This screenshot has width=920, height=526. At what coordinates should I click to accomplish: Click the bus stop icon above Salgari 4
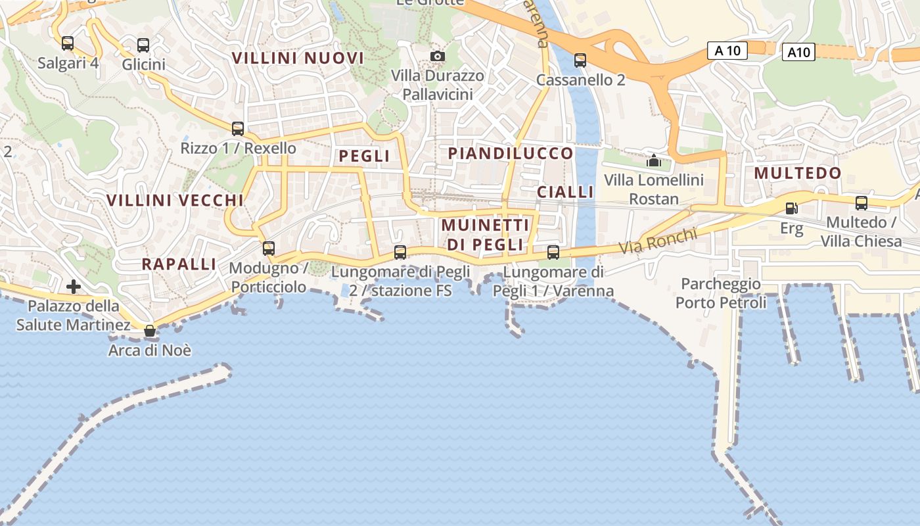pos(68,43)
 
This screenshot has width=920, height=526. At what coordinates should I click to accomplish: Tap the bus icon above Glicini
pos(143,45)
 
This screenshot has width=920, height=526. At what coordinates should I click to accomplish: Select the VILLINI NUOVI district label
pos(298,58)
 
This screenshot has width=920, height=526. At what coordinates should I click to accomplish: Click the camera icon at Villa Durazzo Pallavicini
pos(437,57)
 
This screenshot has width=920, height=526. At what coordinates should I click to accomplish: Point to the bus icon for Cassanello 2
pos(580,60)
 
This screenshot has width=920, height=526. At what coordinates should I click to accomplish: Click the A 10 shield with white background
pos(727,51)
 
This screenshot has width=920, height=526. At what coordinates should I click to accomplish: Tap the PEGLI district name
pos(364,156)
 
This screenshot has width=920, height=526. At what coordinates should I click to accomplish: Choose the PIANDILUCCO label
pos(511,153)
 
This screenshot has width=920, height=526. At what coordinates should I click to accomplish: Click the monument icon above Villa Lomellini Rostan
pos(654,160)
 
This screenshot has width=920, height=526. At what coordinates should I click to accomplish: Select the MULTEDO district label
pos(797,173)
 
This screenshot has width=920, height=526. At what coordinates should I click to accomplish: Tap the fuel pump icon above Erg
pos(792,208)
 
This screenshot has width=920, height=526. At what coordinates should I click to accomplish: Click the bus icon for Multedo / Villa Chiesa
pos(862,203)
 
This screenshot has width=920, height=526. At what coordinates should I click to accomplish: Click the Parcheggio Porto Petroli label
pos(721,293)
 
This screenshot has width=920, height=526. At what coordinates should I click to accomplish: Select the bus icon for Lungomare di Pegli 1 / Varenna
pos(553,252)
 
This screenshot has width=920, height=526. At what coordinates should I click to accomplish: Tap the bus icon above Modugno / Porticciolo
pos(268,249)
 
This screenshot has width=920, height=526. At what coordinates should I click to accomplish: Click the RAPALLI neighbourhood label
pos(179,264)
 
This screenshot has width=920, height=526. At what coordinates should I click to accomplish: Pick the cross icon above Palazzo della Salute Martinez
pos(74,287)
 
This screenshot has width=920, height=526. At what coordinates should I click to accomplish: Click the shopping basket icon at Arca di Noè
pos(150,331)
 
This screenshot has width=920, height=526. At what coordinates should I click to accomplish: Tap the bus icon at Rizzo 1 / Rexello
pos(238,129)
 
